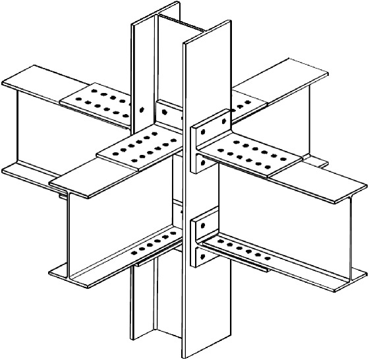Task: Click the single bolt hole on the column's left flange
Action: (143, 109)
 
